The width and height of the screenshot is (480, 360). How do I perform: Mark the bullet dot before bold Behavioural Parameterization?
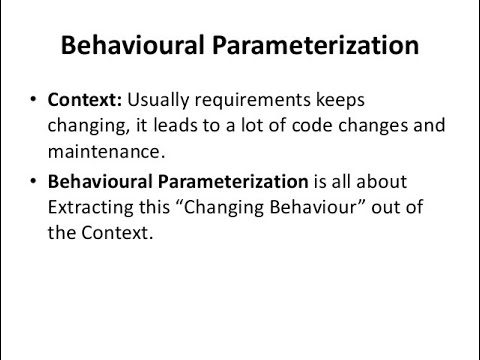click(34, 182)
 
